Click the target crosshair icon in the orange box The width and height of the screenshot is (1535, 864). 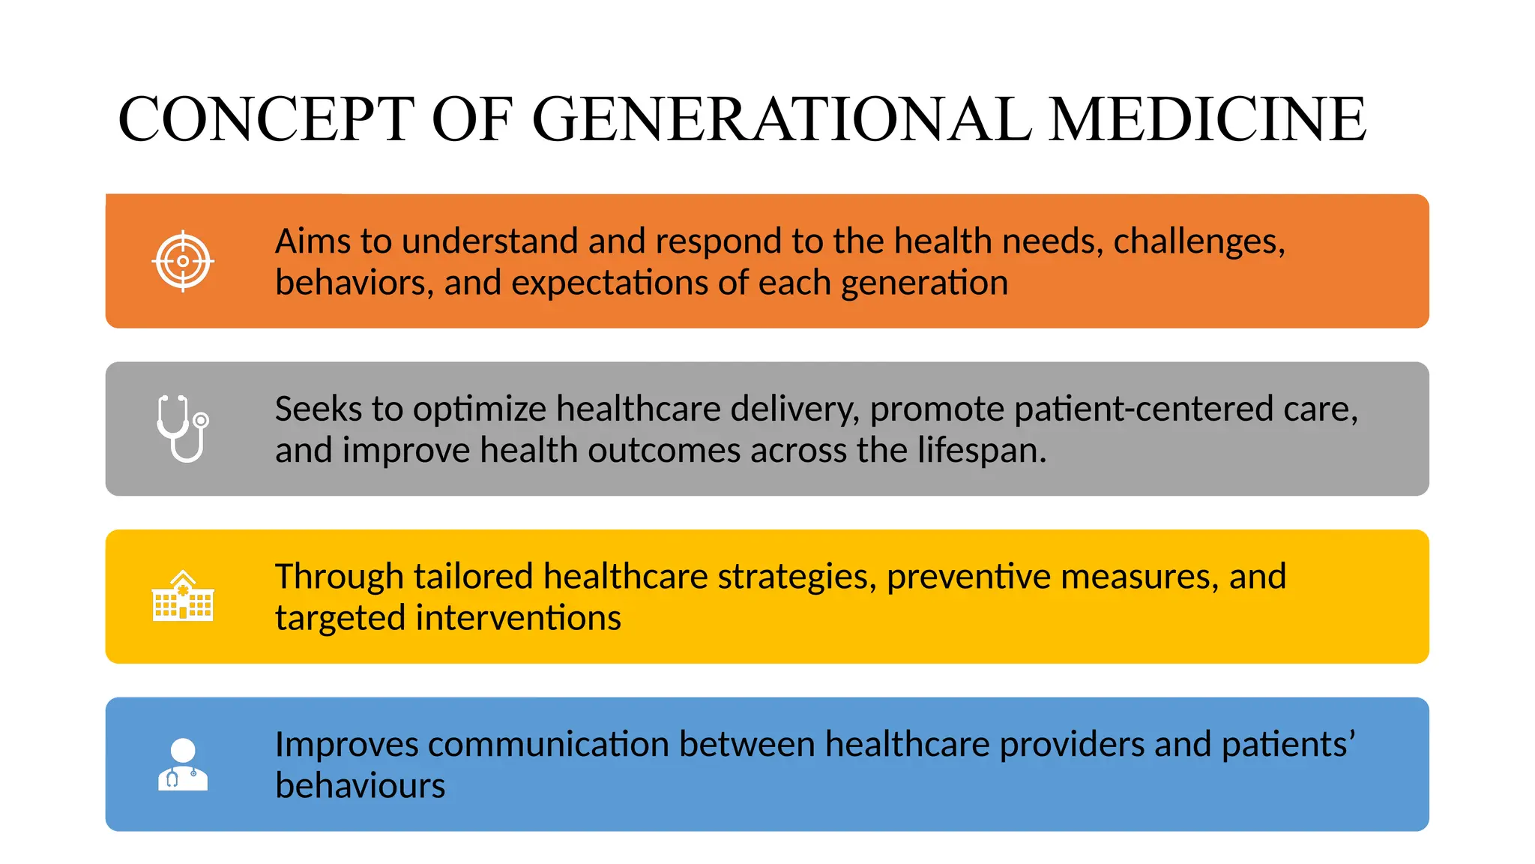(x=183, y=262)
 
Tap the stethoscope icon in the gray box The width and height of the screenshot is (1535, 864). (x=183, y=428)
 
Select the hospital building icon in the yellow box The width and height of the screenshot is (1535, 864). (x=183, y=596)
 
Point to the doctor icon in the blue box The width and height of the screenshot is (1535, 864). (x=183, y=764)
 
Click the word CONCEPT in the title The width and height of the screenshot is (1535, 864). (x=266, y=119)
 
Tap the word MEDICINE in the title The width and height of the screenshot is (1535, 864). (x=1207, y=119)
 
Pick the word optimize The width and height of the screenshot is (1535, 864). (x=479, y=409)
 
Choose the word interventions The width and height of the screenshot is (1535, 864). (x=518, y=619)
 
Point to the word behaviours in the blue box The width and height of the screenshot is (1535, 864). (x=360, y=787)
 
